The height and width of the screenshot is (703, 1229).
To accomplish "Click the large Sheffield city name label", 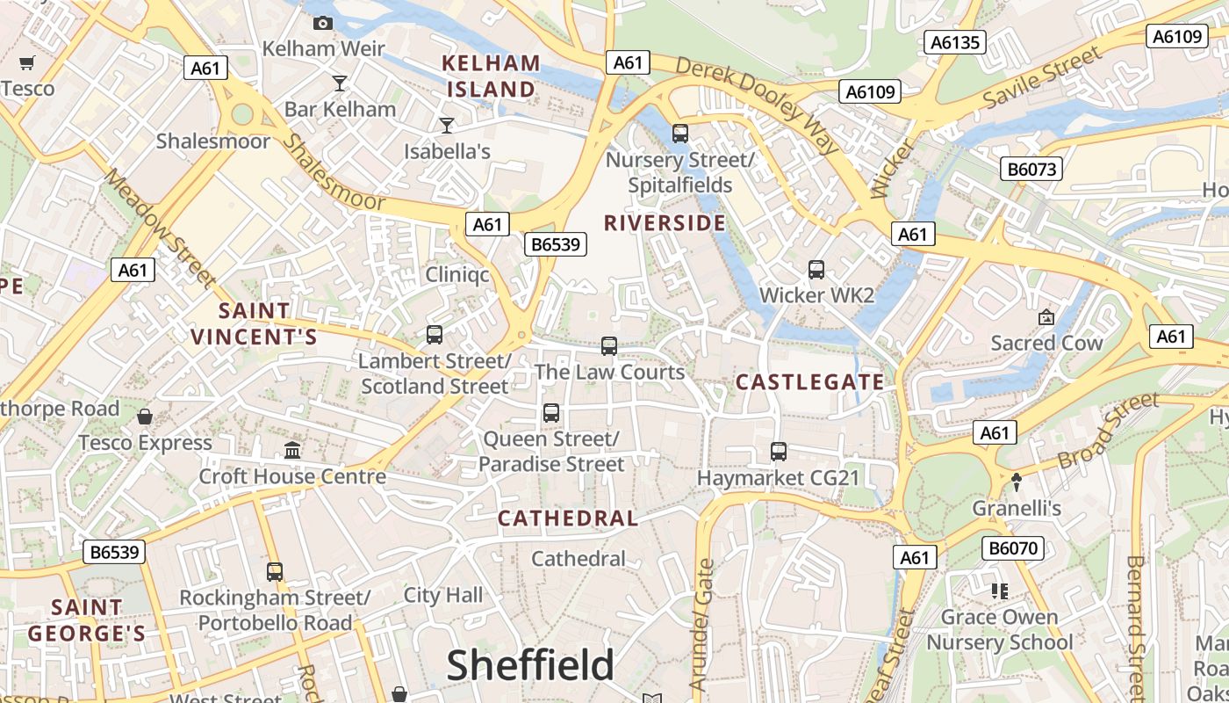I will (530, 665).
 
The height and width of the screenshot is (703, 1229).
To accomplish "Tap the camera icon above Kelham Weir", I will (323, 23).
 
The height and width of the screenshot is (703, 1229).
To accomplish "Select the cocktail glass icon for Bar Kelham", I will (340, 83).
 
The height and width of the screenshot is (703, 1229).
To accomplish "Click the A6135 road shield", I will (956, 42).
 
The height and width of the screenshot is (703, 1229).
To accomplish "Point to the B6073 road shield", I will (1031, 169).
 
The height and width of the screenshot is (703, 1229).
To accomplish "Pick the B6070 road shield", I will (1013, 548).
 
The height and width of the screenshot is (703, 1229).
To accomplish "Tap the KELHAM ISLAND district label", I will (491, 76).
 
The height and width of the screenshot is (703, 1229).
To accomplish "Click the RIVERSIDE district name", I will (665, 223).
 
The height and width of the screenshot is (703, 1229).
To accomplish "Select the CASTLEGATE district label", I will (809, 381).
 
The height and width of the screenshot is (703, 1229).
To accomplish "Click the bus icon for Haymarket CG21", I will (778, 452).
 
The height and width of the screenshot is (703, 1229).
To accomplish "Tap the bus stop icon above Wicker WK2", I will (816, 270).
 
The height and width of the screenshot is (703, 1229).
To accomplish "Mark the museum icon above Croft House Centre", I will (292, 450).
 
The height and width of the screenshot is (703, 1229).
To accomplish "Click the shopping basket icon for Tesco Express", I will (145, 416).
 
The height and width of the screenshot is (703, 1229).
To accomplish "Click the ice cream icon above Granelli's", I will (1017, 482).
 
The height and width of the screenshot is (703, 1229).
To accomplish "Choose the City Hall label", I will (442, 595).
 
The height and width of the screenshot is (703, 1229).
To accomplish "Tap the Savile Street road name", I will (1041, 79).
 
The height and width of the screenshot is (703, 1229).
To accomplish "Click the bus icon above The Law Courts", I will (609, 346).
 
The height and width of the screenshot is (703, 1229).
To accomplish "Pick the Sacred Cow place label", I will (1046, 343).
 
